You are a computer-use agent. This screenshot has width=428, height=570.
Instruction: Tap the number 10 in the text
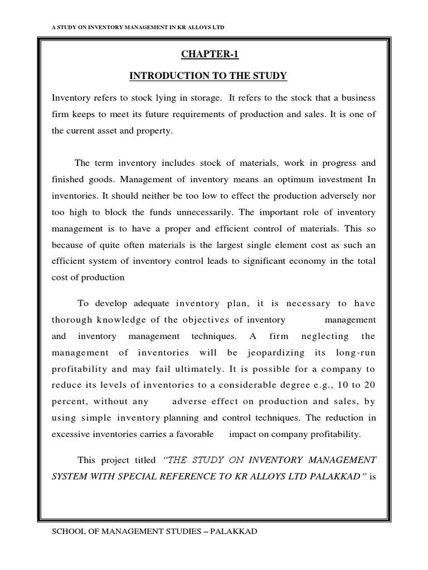point(340,385)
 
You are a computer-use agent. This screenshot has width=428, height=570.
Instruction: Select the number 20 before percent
point(369,385)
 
